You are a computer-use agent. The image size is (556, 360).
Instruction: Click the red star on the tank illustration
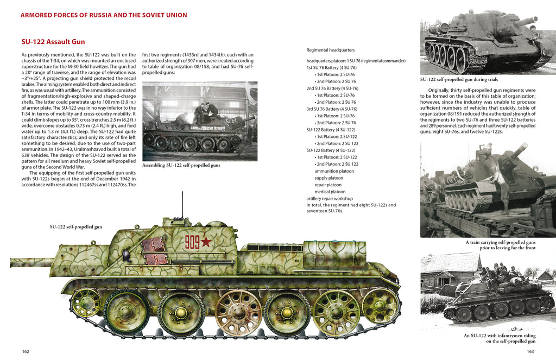(206, 242)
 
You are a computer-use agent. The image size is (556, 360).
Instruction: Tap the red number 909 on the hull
(192, 242)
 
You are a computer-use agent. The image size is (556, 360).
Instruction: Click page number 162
(26, 351)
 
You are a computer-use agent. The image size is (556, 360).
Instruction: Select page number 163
(530, 351)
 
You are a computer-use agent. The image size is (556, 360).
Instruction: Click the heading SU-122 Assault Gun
(53, 42)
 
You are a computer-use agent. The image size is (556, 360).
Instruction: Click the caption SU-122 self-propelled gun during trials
(459, 79)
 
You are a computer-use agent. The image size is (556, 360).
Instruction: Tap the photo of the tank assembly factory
(200, 121)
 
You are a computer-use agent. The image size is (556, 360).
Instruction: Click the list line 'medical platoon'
(330, 192)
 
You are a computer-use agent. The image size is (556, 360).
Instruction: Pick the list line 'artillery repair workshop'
(330, 199)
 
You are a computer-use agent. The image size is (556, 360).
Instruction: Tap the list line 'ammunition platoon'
(334, 170)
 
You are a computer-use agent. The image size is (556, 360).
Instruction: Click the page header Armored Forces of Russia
(104, 15)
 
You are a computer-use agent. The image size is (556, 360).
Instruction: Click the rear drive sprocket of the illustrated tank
(380, 305)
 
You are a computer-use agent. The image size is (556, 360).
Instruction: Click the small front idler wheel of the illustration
(86, 302)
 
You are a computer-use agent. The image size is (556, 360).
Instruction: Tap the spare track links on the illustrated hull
(155, 250)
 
